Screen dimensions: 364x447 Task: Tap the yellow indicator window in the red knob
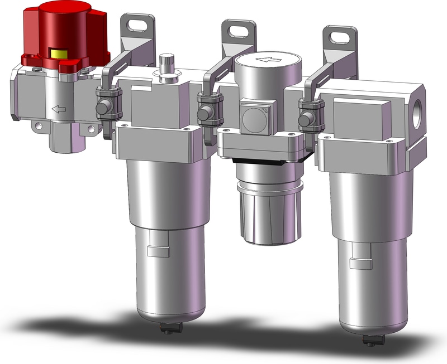(x=58, y=54)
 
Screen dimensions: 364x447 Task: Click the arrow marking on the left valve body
(x=58, y=110)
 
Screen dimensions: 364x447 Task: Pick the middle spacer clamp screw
(x=205, y=109)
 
